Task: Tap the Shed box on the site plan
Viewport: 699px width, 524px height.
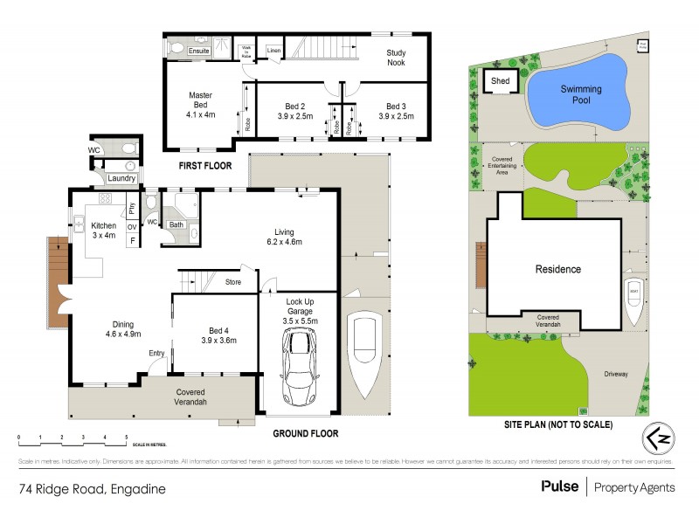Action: click(x=500, y=81)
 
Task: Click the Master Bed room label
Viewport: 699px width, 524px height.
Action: click(x=200, y=104)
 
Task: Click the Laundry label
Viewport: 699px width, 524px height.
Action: click(x=121, y=178)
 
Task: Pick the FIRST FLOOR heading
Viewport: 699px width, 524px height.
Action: click(x=204, y=164)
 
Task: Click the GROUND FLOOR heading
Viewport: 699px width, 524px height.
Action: click(x=305, y=433)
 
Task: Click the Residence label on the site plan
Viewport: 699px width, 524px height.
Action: click(x=557, y=269)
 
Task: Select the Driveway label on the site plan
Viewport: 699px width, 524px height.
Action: click(x=615, y=374)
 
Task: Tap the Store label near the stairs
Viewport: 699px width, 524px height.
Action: click(x=232, y=282)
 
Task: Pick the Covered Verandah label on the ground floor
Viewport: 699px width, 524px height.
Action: click(x=190, y=396)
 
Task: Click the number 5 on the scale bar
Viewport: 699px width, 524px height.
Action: click(x=127, y=436)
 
